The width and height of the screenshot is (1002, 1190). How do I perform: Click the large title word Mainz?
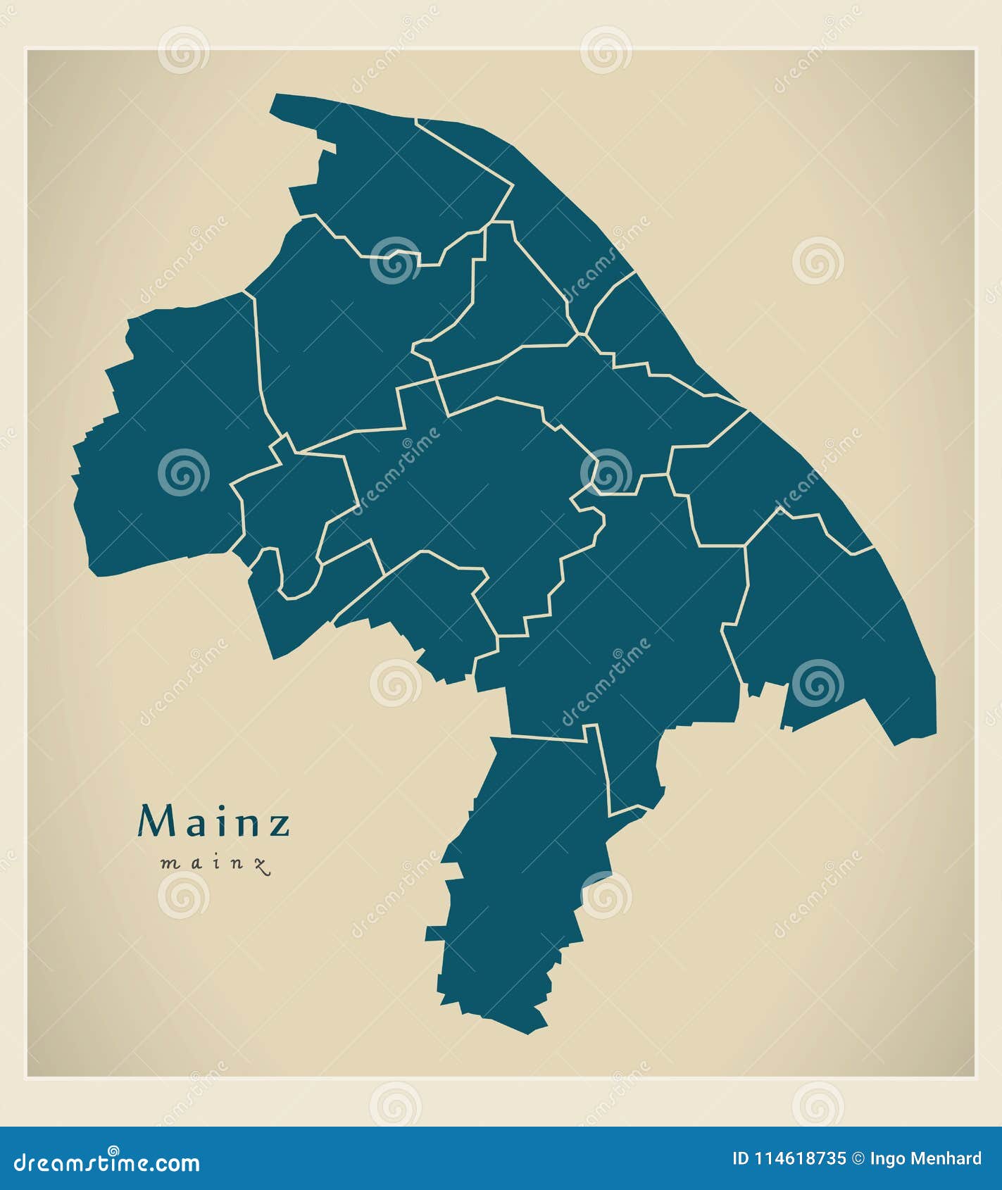coord(214,821)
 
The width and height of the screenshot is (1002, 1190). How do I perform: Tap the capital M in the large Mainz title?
coord(155,820)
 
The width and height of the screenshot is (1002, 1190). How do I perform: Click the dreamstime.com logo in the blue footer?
coord(107,1163)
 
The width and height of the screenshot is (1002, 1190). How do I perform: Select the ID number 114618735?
coord(799,1158)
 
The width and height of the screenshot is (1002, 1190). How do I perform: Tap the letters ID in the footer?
coord(741,1158)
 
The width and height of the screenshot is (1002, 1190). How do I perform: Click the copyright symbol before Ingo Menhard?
coord(858,1158)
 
